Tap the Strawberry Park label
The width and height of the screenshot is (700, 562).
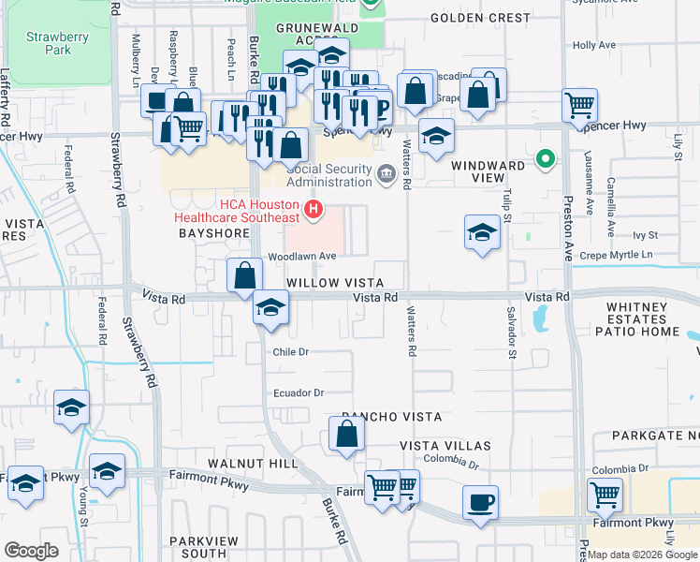[x=49, y=43]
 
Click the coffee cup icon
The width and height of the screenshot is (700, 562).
[x=480, y=502]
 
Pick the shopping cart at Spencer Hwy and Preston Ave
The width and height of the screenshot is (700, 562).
[x=579, y=105]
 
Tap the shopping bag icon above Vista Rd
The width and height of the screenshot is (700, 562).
[x=244, y=275]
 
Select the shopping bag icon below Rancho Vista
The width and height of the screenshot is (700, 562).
[x=346, y=434]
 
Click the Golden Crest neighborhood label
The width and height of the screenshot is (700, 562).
[x=480, y=18]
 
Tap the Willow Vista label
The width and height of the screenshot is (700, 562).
[x=334, y=283]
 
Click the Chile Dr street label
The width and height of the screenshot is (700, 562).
[x=290, y=352]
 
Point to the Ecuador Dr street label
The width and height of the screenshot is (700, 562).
[x=298, y=393]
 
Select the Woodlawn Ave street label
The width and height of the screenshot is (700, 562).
[x=301, y=256]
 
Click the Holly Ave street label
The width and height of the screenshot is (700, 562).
[x=594, y=45]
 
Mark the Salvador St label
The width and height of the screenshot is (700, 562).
[x=512, y=332]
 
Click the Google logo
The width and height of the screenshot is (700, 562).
[x=31, y=551]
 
